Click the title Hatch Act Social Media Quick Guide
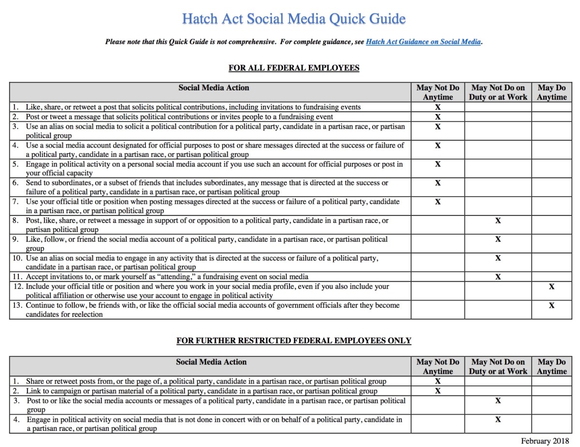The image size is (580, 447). click(x=293, y=19)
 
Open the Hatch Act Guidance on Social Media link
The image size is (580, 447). click(x=423, y=42)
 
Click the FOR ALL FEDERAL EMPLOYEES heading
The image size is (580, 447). click(x=293, y=68)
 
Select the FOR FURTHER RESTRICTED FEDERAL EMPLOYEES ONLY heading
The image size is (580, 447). click(x=293, y=341)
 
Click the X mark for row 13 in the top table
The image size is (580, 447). click(x=551, y=305)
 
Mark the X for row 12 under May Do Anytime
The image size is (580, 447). click(x=551, y=287)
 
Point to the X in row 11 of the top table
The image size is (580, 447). click(x=498, y=277)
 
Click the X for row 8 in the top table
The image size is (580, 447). click(x=498, y=220)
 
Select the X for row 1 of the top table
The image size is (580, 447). click(x=438, y=107)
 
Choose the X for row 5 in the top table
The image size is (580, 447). click(x=438, y=164)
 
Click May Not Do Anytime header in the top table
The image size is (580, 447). click(x=438, y=92)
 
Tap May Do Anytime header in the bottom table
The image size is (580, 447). click(x=551, y=366)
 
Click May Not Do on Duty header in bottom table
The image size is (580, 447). click(x=498, y=366)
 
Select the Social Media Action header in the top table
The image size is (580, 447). click(x=214, y=87)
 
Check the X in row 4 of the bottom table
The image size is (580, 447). click(x=498, y=419)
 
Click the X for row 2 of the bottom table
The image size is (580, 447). click(x=438, y=391)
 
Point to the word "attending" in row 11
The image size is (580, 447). click(x=173, y=277)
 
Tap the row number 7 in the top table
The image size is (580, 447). click(x=15, y=202)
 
